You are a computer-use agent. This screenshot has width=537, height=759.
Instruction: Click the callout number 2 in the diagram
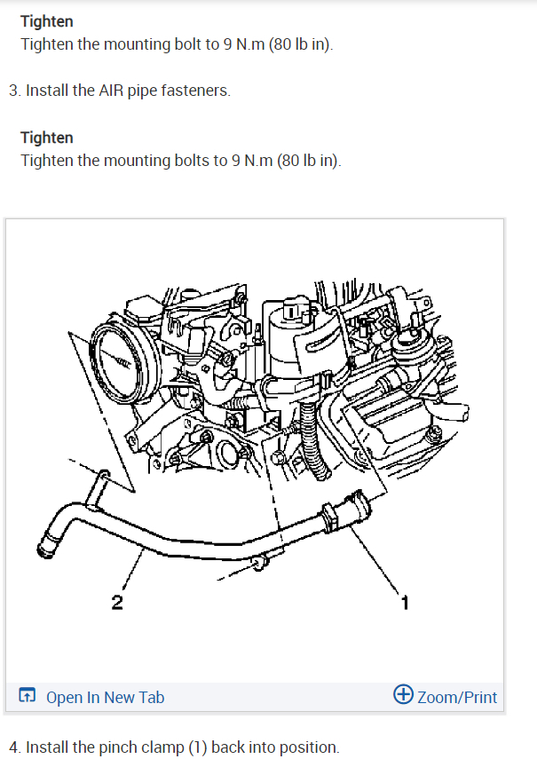point(117,604)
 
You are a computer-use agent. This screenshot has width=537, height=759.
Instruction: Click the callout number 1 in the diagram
point(405,604)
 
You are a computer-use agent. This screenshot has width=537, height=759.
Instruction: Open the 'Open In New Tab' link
point(105,698)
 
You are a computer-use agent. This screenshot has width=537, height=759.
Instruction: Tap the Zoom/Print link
point(457,698)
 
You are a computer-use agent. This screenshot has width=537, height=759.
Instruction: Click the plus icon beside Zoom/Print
point(403,696)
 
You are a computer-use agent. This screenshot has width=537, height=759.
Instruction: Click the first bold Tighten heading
point(46,20)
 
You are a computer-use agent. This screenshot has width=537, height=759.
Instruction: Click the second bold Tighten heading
point(46,138)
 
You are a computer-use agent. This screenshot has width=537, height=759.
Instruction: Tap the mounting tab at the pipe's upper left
point(99,484)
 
